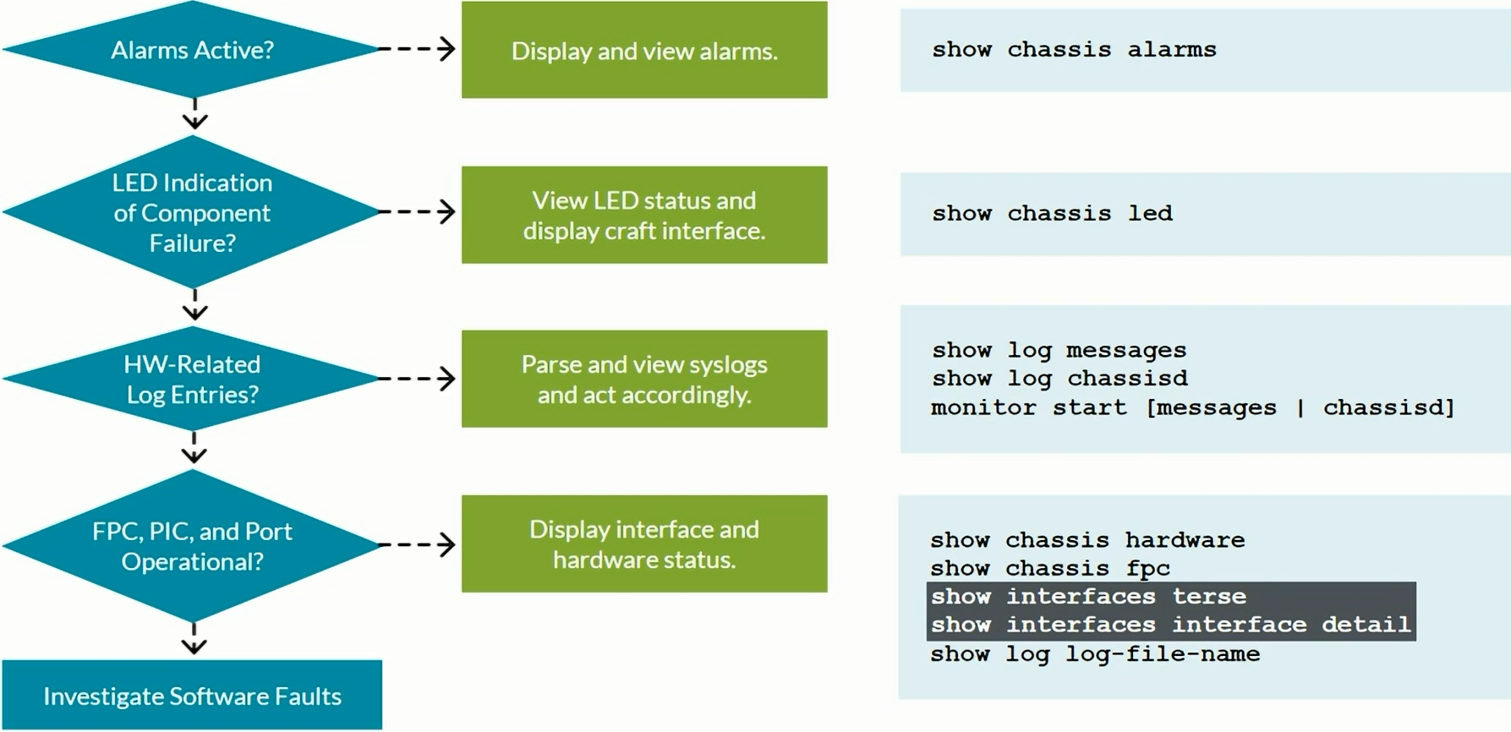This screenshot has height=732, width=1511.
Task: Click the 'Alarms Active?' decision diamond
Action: tap(192, 50)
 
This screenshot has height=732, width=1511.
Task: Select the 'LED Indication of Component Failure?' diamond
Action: tap(192, 212)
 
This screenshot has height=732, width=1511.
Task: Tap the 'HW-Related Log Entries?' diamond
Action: tap(192, 379)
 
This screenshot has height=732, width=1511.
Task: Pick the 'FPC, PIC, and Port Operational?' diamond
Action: tap(192, 545)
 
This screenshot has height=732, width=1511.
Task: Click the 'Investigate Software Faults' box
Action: tap(192, 696)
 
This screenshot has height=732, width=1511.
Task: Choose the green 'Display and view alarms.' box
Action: tap(644, 51)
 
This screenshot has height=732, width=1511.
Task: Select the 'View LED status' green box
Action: tap(644, 215)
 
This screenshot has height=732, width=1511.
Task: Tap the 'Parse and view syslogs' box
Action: tap(644, 379)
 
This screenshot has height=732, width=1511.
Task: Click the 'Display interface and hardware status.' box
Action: tap(644, 544)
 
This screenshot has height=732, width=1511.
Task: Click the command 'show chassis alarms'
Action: tap(1074, 50)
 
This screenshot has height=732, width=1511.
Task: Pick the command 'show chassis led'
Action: tap(1052, 213)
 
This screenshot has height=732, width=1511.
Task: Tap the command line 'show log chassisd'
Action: tap(1059, 379)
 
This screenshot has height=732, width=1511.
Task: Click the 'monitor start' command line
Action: tap(1192, 407)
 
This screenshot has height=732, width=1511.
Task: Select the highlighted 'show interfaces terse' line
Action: tap(1088, 597)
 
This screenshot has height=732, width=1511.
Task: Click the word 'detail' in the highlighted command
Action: tap(1366, 625)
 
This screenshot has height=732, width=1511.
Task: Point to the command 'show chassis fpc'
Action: tap(1050, 568)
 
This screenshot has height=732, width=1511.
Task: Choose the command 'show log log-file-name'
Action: tap(1095, 654)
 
